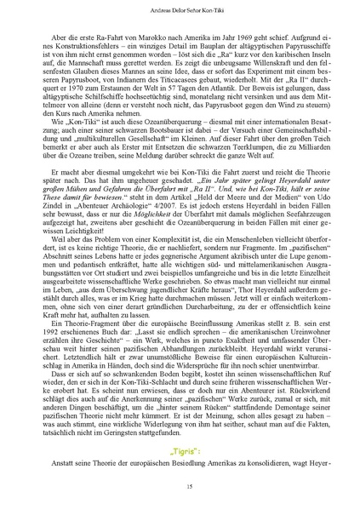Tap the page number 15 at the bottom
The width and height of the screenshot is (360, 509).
180,484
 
